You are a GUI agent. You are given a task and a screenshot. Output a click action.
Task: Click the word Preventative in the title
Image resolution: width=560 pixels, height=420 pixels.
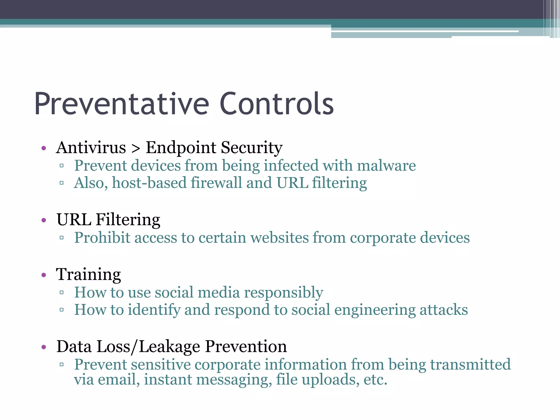click(122, 104)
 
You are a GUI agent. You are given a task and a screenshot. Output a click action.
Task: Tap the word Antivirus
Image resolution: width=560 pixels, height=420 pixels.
click(91, 148)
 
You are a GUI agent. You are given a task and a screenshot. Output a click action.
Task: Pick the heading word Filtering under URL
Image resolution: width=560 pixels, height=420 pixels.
click(128, 220)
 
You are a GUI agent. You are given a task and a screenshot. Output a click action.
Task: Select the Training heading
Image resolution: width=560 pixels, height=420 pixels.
click(88, 275)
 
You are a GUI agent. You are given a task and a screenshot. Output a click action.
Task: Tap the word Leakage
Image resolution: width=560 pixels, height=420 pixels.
click(170, 347)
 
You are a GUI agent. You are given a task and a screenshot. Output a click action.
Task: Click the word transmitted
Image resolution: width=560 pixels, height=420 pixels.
click(470, 364)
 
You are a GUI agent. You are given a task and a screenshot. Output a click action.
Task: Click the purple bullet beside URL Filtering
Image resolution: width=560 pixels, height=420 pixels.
click(44, 220)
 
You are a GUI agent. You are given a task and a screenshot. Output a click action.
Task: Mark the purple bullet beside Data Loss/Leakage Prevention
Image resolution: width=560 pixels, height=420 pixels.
click(44, 347)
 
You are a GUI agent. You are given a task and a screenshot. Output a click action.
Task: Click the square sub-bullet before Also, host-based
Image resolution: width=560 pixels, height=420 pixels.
click(62, 183)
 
